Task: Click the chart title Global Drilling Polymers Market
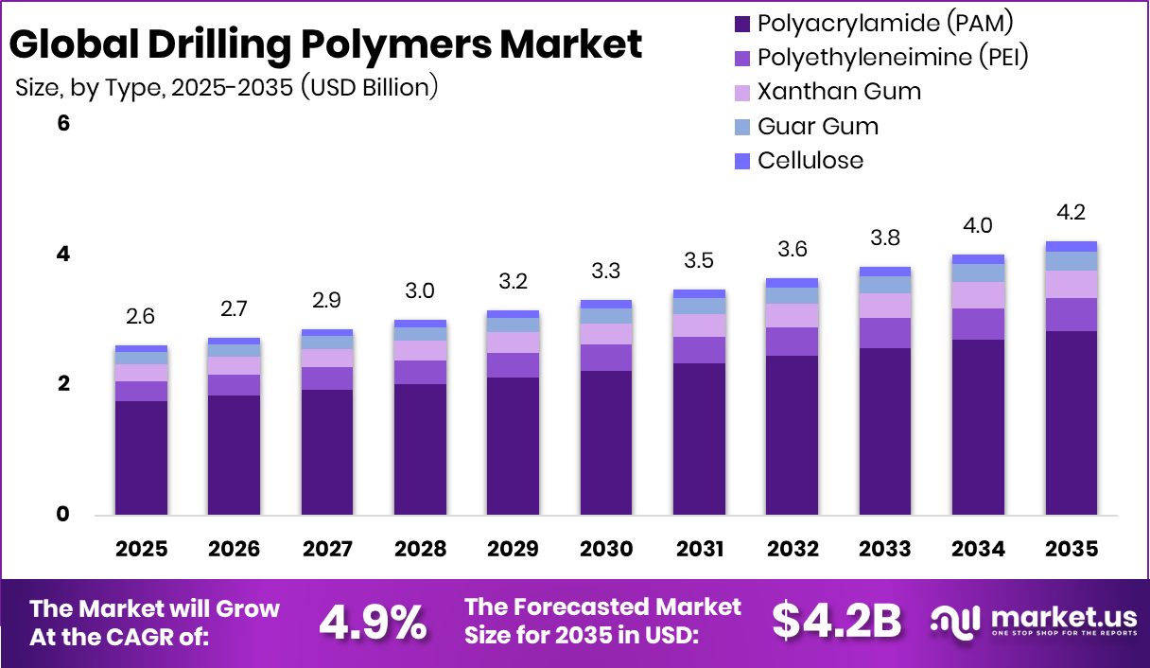pos(326,44)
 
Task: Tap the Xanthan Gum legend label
pos(839,92)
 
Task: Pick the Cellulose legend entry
pos(810,160)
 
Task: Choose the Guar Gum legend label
pos(818,126)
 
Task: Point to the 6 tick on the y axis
pos(64,124)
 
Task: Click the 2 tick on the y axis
pos(64,384)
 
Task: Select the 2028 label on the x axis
pos(421,550)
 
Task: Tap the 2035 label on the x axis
pos(1072,550)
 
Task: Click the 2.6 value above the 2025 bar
pos(141,316)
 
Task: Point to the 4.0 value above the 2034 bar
pos(979,225)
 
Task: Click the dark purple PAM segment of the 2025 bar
pos(141,458)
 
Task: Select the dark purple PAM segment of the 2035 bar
pos(1072,423)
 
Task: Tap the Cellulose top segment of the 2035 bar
pos(1072,246)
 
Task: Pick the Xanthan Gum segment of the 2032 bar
pos(793,315)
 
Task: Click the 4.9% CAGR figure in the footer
pos(373,622)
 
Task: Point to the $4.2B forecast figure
pos(836,620)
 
